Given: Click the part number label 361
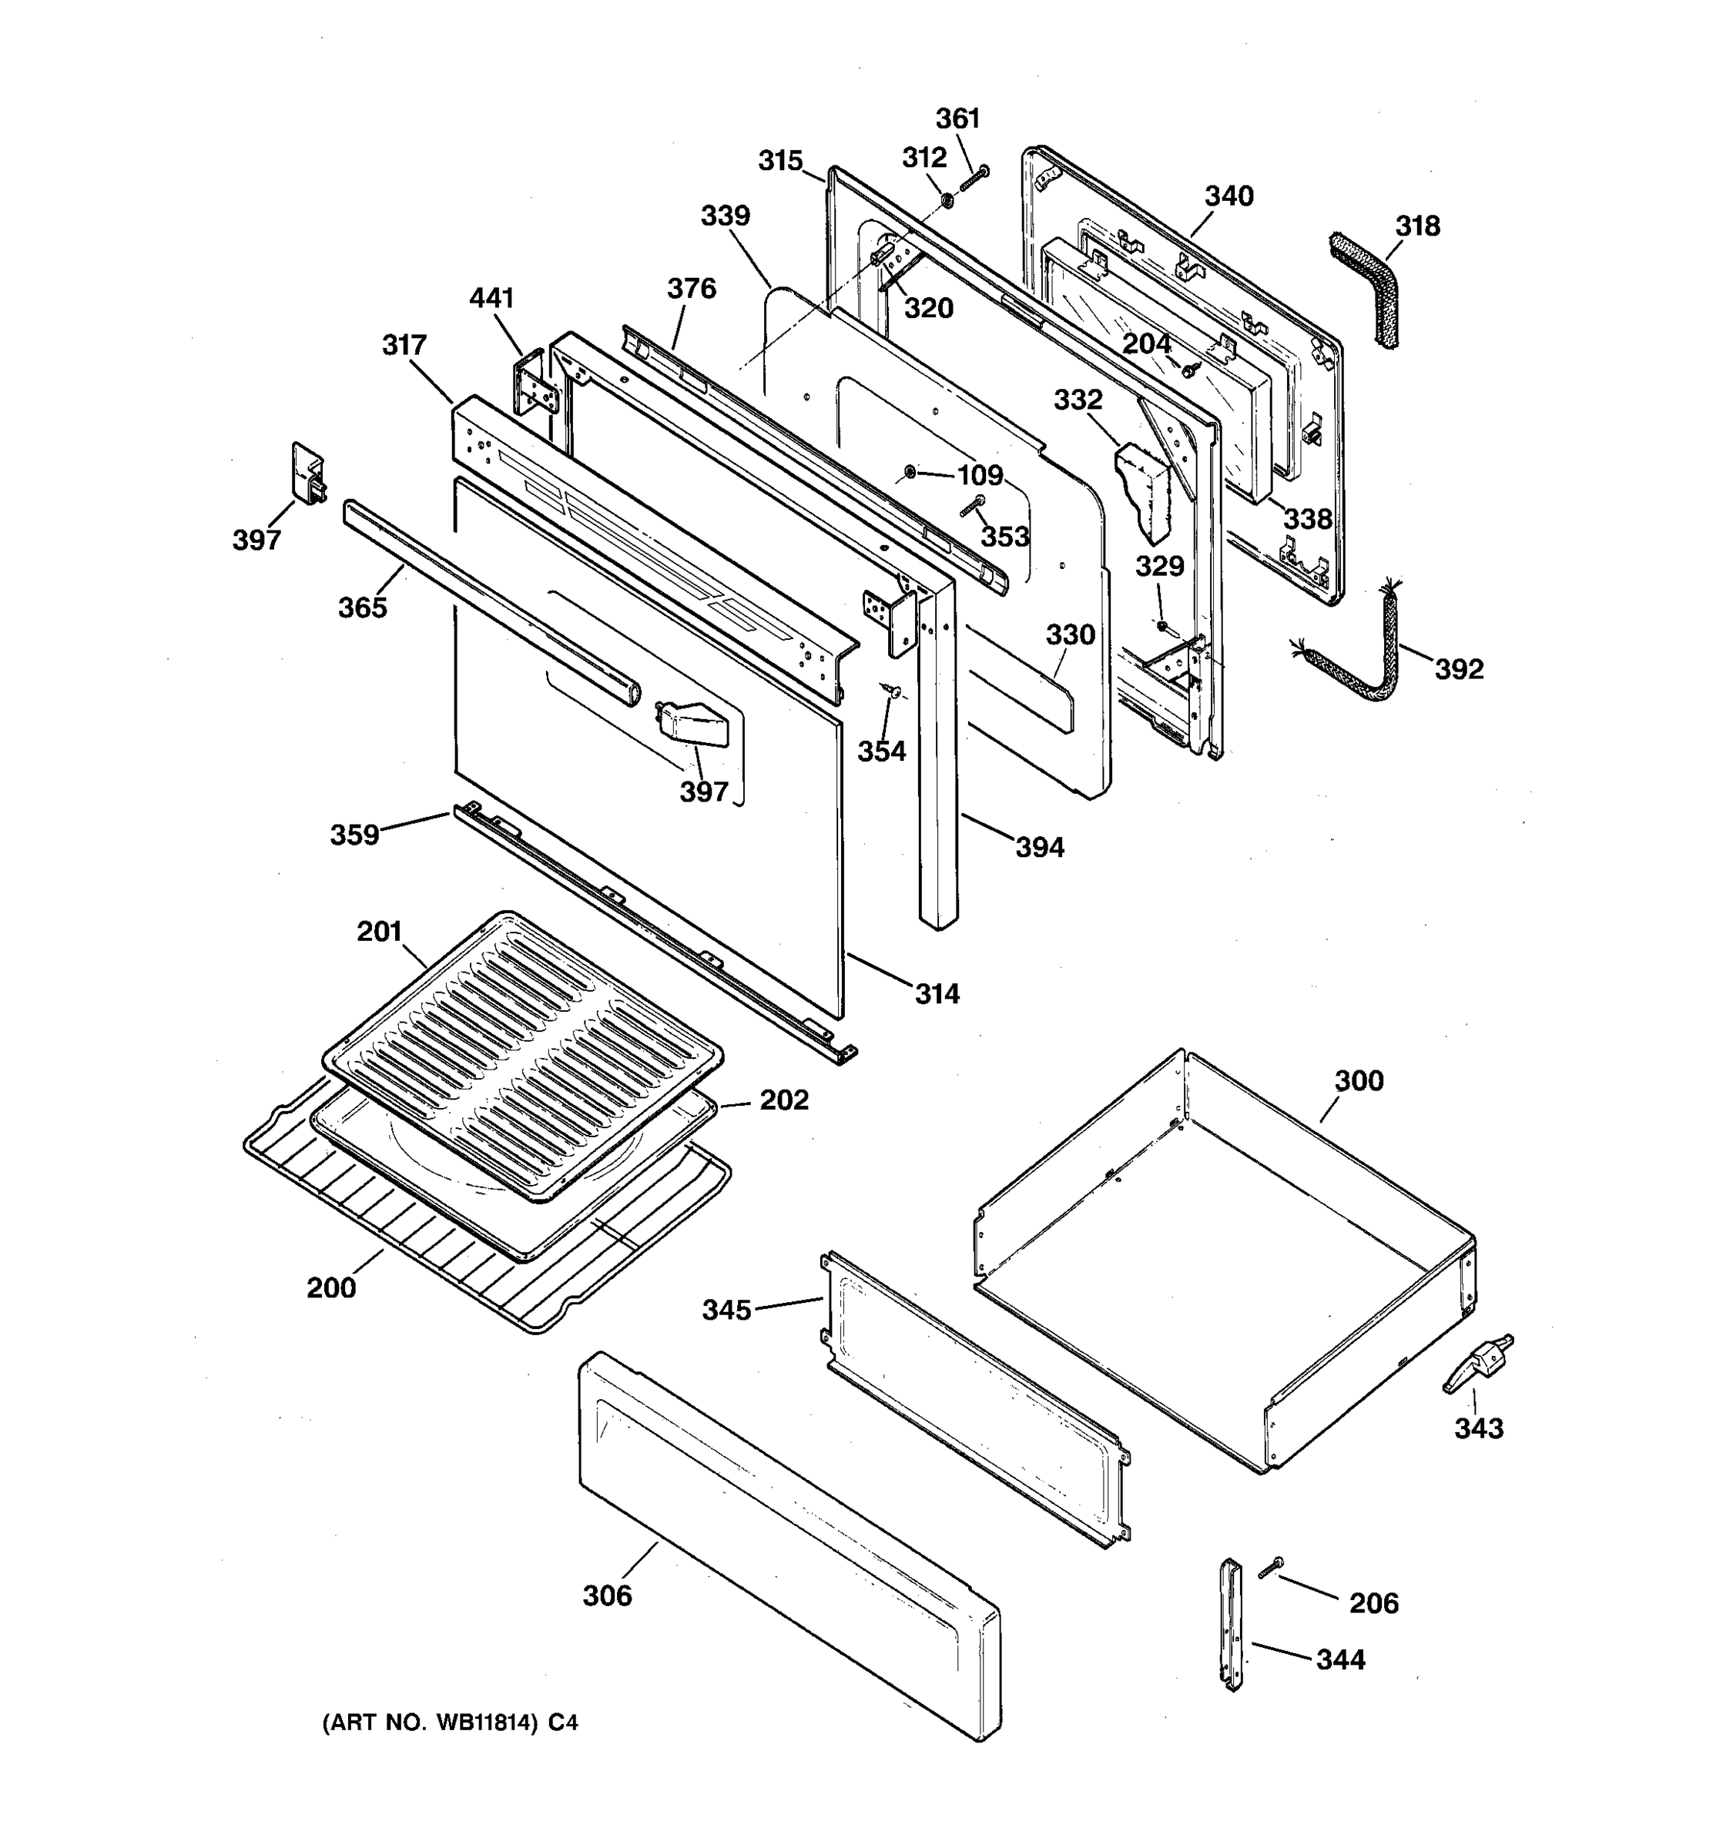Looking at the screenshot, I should tap(957, 119).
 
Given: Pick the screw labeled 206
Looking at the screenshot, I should tap(1270, 1567).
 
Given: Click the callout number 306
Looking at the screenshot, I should tap(607, 1595).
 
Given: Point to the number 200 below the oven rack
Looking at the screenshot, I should tap(331, 1287).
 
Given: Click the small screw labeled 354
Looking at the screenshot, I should tap(893, 690).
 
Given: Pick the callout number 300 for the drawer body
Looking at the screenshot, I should tap(1359, 1081).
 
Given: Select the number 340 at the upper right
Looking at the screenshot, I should tap(1229, 196).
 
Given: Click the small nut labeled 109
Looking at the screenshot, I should tap(910, 473).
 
